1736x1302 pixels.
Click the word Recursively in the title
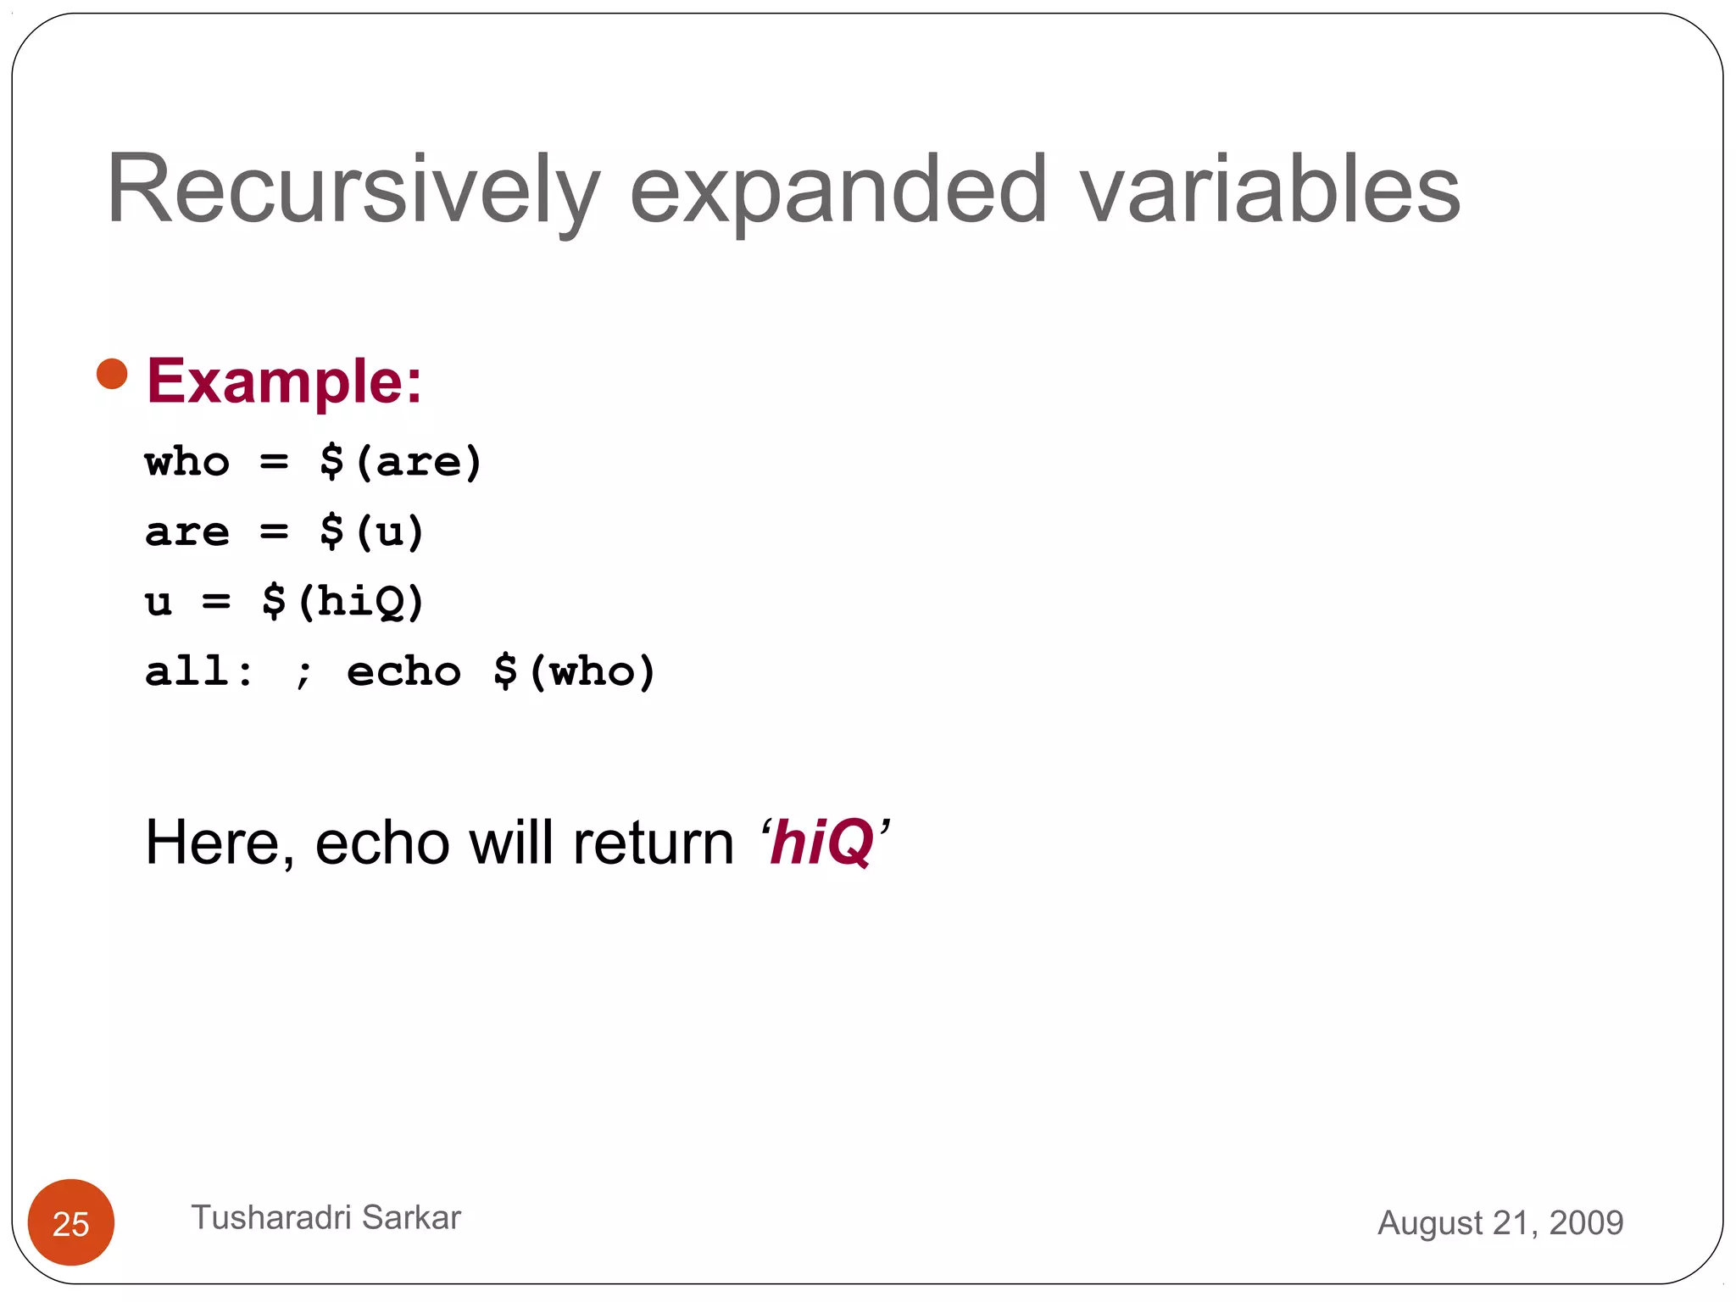352,190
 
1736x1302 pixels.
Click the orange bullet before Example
112,374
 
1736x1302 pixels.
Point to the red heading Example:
284,381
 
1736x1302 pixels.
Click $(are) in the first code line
400,463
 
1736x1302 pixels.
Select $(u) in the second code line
371,532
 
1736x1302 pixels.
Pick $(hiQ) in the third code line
342,602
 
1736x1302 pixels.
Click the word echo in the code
403,672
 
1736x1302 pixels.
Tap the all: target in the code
198,672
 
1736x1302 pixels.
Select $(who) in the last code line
575,672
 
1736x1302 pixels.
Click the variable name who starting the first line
187,463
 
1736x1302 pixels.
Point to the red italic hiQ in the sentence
821,843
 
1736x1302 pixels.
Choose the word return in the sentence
654,843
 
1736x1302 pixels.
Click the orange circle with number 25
71,1222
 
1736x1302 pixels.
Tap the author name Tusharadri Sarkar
325,1217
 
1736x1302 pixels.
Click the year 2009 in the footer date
1586,1222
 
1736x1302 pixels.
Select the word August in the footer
1430,1222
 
